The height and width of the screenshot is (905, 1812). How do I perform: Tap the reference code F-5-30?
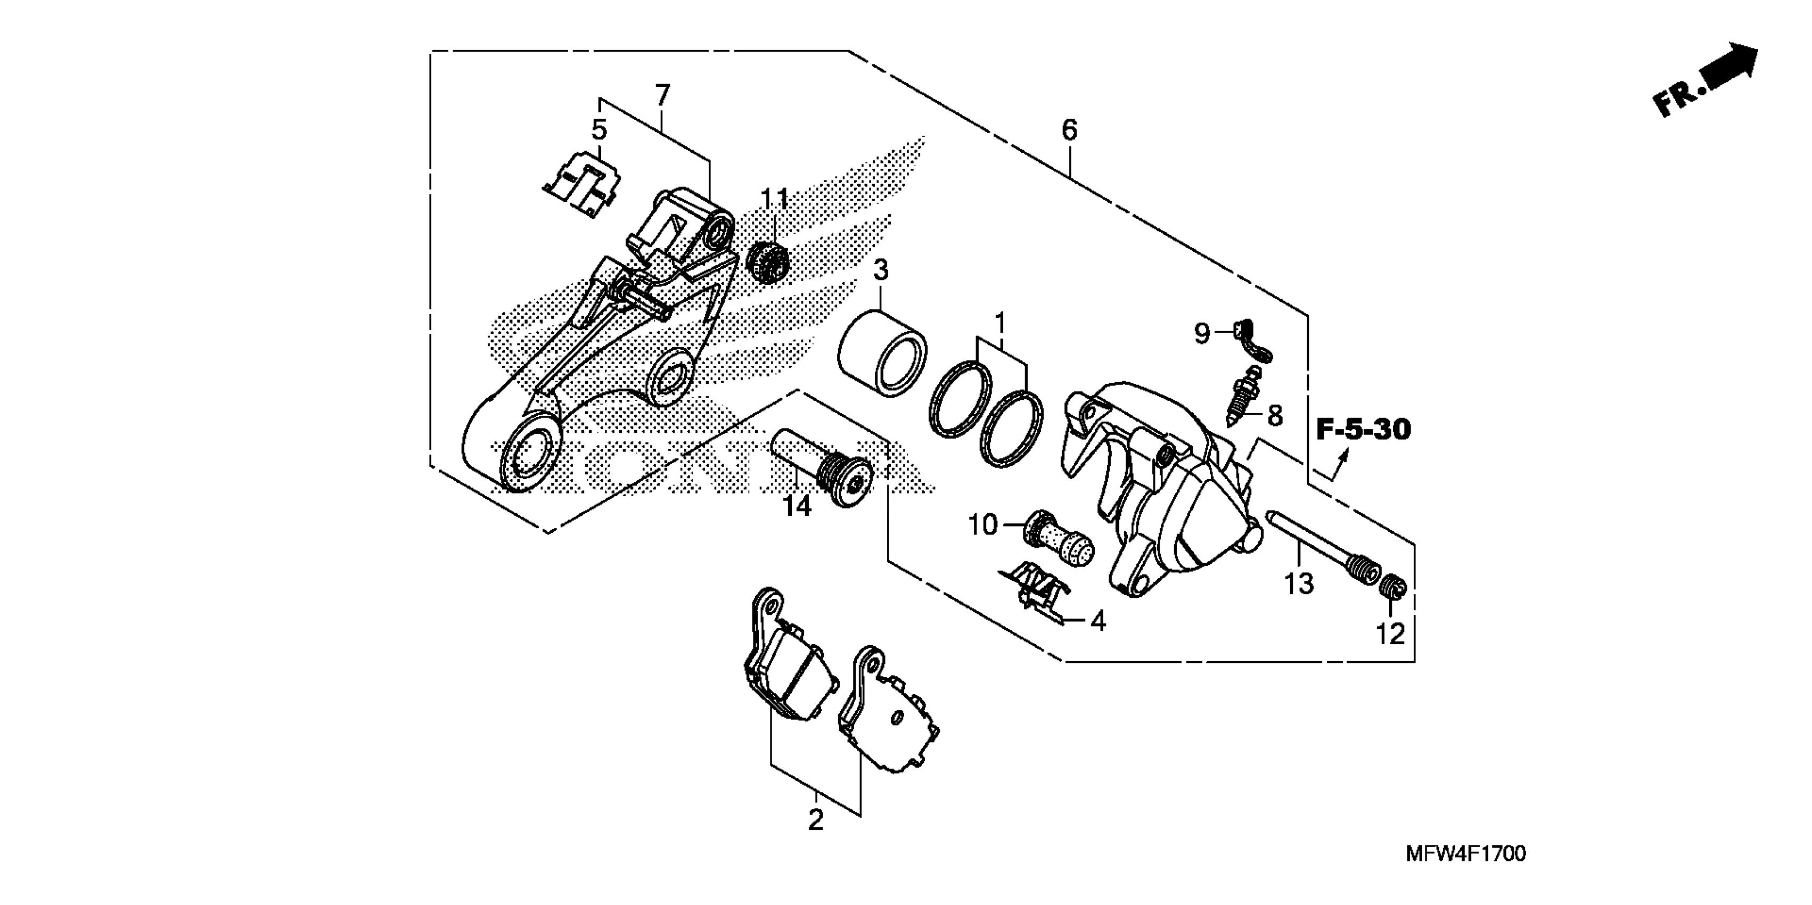(x=1363, y=430)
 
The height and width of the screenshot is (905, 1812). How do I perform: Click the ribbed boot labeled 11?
(x=769, y=261)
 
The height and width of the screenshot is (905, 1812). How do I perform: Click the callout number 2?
(x=815, y=820)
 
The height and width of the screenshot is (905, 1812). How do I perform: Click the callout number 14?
(x=798, y=506)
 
